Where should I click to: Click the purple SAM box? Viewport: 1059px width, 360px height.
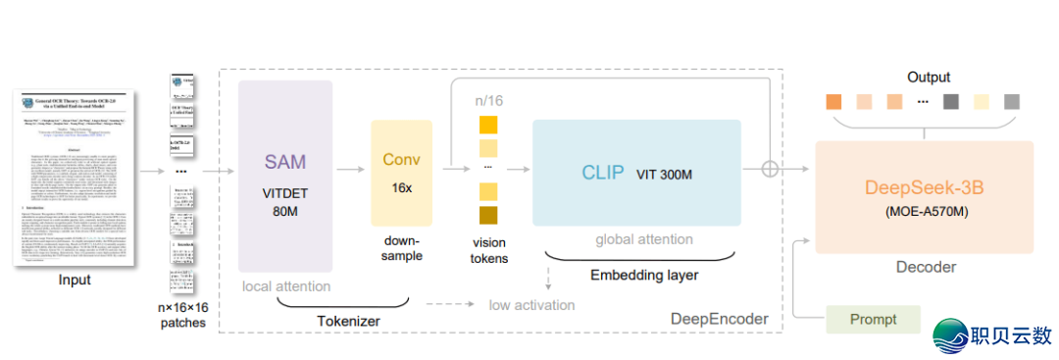(x=285, y=176)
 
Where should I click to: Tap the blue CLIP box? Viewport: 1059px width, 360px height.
(x=636, y=173)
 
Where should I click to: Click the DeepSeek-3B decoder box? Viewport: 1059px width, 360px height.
(x=925, y=196)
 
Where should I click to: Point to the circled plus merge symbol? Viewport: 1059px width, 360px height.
(x=771, y=169)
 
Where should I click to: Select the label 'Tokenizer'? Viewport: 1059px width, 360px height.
(x=349, y=320)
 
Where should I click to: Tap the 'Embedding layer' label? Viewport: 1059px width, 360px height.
(x=644, y=276)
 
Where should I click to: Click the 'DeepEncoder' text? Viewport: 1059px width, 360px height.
(x=719, y=319)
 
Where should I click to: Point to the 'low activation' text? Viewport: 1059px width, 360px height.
(x=531, y=304)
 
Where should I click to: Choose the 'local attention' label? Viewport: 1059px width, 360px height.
(x=285, y=286)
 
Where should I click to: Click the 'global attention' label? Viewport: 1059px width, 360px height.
(x=644, y=239)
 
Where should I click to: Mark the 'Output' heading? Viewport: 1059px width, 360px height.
(x=928, y=77)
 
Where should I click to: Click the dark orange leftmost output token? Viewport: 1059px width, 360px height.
(x=834, y=102)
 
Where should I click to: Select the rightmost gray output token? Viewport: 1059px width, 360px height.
(x=1011, y=102)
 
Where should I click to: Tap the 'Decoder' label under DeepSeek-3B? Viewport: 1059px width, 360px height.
(x=926, y=267)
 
